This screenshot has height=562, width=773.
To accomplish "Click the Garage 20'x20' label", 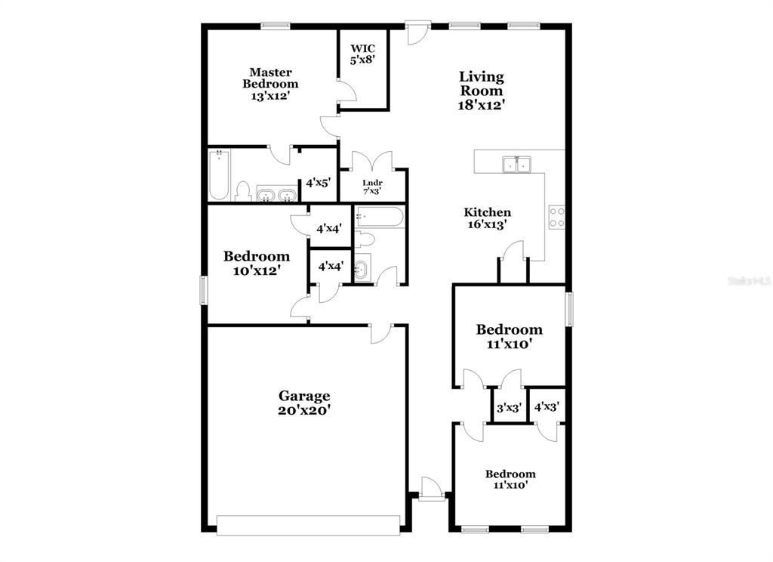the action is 304,403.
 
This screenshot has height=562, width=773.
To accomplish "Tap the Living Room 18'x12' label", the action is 482,91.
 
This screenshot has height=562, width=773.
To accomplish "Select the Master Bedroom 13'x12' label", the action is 270,84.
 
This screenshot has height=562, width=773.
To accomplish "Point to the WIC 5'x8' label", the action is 363,54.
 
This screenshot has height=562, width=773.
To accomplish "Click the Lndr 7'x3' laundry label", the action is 372,187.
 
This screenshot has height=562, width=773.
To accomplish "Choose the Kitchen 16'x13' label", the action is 487,218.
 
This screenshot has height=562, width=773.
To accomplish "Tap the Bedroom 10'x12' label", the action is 257,263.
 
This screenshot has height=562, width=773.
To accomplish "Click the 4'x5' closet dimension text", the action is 318,183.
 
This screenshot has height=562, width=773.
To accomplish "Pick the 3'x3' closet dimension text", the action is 509,408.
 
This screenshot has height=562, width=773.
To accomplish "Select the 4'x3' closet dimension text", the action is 547,406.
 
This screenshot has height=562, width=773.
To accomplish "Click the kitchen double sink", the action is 516,165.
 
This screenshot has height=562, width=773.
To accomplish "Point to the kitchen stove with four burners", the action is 557,217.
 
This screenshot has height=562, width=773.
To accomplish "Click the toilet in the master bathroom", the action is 242,191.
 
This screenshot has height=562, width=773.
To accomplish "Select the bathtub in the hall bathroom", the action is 380,217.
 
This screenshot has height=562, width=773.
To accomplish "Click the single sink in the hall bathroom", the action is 362,270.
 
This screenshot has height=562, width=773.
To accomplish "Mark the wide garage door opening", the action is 308,526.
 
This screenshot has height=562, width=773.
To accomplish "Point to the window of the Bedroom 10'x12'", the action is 203,289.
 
